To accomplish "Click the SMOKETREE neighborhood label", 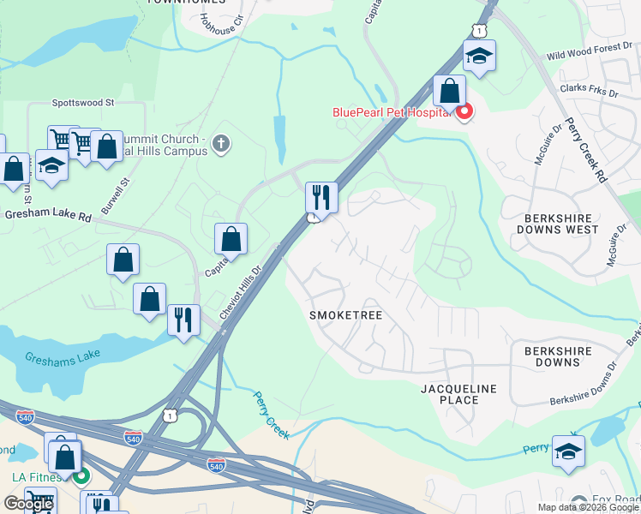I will point(345,315).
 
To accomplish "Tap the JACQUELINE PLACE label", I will point(458,394).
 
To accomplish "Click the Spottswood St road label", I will point(83,102).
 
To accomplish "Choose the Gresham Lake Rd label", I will point(47,217).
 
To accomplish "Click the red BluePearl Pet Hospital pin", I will point(464,111).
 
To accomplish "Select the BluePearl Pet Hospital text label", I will point(392,112).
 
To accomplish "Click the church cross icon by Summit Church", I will point(221,142).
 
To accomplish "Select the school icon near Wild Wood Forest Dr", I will point(478,57).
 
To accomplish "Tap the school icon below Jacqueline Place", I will point(568,451).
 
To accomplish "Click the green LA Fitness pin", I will point(81,475).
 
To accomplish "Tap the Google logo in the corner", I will point(28,504).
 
